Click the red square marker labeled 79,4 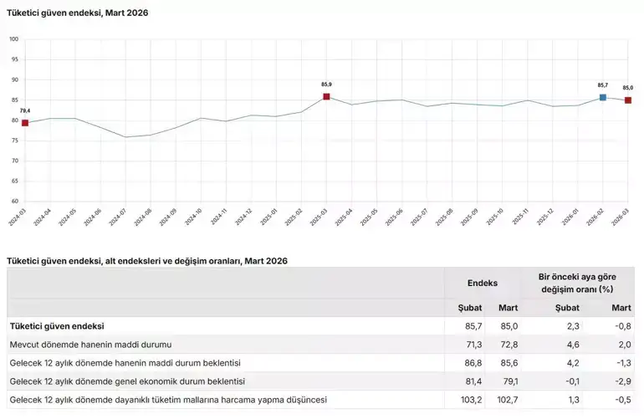coord(25,123)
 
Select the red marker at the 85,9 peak coord(326,96)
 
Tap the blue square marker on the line coord(603,97)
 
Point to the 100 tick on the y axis coord(14,39)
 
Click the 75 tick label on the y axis coord(15,141)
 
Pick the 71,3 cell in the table coord(472,345)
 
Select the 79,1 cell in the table coord(509,381)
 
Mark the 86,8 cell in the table coord(472,363)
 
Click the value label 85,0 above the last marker coord(627,88)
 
